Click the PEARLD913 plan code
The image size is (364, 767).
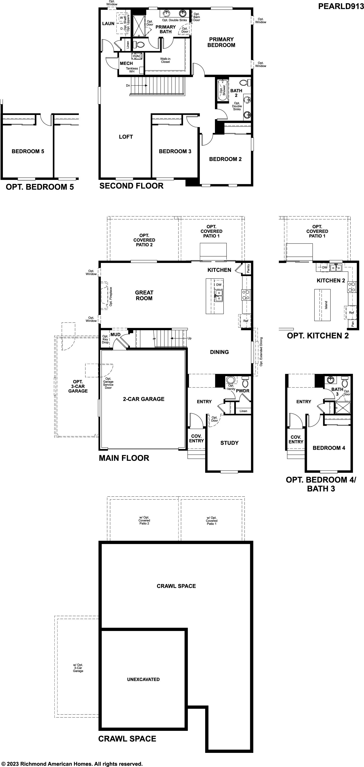[341, 6]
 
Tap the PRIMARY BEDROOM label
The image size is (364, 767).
[221, 42]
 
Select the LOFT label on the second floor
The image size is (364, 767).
[126, 137]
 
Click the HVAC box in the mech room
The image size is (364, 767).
[137, 56]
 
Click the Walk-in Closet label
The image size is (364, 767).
[166, 60]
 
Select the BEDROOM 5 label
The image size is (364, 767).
[28, 151]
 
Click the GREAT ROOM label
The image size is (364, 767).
[144, 295]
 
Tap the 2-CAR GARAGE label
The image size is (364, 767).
[144, 399]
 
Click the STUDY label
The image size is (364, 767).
[229, 443]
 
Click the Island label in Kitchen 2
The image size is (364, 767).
[326, 305]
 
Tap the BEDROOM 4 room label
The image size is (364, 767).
[329, 448]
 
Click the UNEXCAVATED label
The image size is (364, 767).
[143, 679]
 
